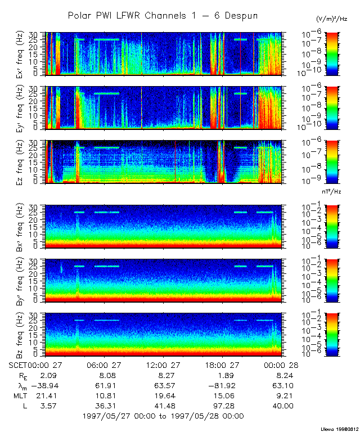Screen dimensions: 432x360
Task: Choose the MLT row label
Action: coord(19,395)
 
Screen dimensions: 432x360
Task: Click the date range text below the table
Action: coord(163,416)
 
